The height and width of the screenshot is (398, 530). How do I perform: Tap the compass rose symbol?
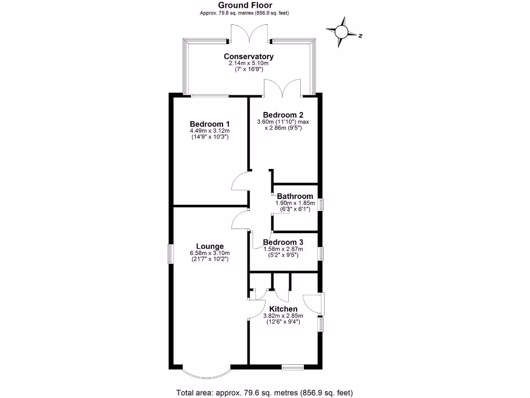tap(342, 32)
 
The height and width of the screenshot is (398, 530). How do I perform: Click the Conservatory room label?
tap(248, 56)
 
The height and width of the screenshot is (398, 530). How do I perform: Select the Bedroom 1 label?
tap(210, 124)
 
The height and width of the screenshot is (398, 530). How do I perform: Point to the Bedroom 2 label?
tap(283, 115)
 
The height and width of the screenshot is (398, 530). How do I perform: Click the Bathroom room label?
tap(295, 196)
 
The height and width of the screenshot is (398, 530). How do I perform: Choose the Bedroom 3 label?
tap(283, 242)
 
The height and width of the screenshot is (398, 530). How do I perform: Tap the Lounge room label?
tap(210, 246)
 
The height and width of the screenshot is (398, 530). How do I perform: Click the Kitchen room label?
tap(283, 309)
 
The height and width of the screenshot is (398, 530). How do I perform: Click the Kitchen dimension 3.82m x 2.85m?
tap(283, 316)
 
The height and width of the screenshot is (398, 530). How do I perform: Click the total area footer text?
tap(264, 392)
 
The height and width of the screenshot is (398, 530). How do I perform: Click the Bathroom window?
tap(320, 204)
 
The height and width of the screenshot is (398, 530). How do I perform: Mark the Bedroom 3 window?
tap(320, 253)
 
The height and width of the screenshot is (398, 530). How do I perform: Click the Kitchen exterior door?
tap(314, 304)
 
